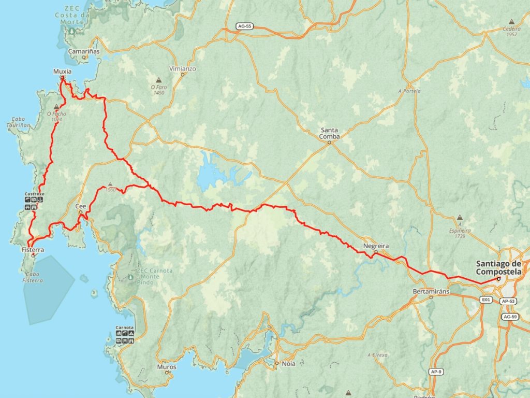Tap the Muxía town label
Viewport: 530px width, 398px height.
pyautogui.click(x=62, y=71)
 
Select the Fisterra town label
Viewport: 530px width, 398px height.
pyautogui.click(x=33, y=250)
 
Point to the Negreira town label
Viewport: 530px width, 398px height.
pyautogui.click(x=376, y=246)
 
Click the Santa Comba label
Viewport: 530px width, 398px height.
pyautogui.click(x=330, y=133)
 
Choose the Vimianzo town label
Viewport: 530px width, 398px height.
pyautogui.click(x=183, y=68)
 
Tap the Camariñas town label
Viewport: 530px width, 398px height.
pyautogui.click(x=84, y=51)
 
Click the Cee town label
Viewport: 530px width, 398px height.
pyautogui.click(x=81, y=206)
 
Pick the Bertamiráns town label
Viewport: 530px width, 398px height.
pyautogui.click(x=431, y=291)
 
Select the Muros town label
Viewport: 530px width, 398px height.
pyautogui.click(x=166, y=367)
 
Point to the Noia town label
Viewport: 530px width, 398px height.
pyautogui.click(x=288, y=364)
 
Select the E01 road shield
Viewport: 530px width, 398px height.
pyautogui.click(x=485, y=300)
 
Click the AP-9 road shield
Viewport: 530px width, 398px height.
pyautogui.click(x=436, y=372)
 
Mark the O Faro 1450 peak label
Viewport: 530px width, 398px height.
pyautogui.click(x=158, y=90)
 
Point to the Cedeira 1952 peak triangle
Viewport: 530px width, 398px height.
pyautogui.click(x=512, y=22)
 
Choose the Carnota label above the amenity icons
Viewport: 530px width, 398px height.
pyautogui.click(x=125, y=328)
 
